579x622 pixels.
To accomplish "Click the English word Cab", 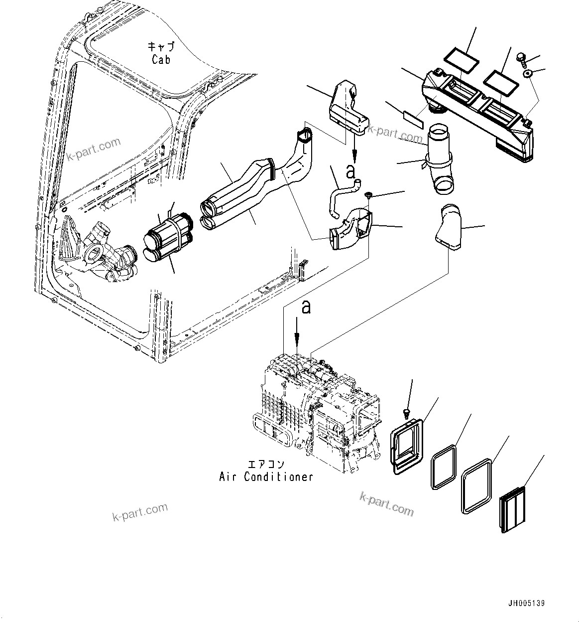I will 161,60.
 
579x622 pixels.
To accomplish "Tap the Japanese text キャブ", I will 161,47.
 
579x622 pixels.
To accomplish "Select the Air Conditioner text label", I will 266,477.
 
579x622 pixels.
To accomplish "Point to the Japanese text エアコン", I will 266,465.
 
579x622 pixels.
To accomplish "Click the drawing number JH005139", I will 526,604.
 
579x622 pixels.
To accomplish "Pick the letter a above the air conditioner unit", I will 306,307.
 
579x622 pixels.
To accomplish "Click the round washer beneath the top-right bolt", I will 528,74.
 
